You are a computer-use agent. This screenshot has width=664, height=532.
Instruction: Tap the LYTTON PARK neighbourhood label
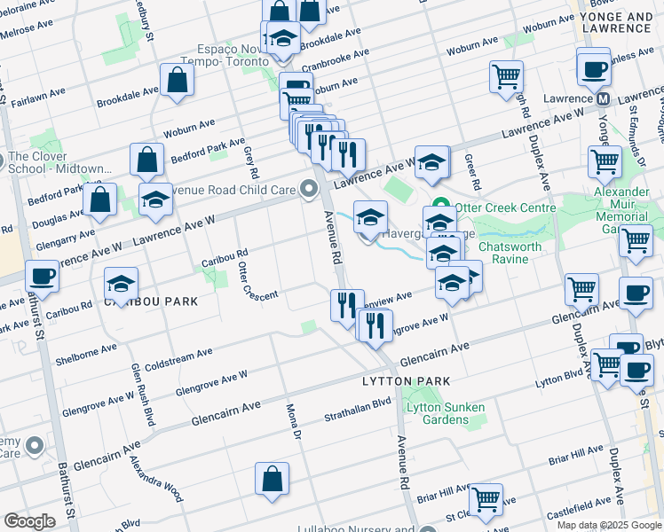[x=406, y=380]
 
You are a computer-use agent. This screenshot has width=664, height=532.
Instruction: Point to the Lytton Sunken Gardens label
[x=445, y=414]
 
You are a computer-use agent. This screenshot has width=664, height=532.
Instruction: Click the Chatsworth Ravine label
[x=516, y=253]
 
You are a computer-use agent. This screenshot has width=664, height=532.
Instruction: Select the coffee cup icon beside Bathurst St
[x=43, y=277]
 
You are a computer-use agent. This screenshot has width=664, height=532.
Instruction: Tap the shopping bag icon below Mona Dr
[x=273, y=479]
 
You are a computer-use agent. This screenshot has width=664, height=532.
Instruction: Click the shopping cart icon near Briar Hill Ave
[x=486, y=499]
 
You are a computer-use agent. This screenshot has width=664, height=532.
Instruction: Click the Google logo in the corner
[x=29, y=521]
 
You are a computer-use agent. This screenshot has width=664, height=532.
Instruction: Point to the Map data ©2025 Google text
[x=609, y=525]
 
